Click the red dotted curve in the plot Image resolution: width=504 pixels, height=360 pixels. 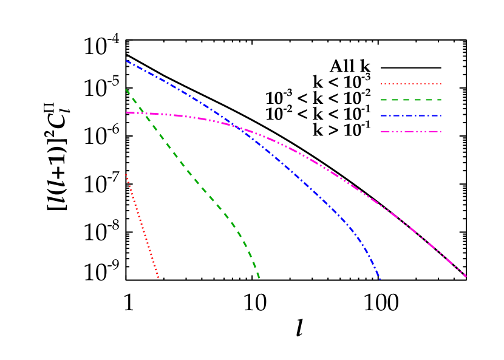click(x=141, y=226)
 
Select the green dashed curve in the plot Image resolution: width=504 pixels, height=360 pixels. click(x=194, y=180)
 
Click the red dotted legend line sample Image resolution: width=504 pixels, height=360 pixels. click(x=411, y=84)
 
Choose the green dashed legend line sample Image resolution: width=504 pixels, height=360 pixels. click(x=411, y=100)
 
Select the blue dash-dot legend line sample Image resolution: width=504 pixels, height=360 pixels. click(x=411, y=115)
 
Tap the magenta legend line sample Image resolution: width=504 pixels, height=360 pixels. click(x=411, y=131)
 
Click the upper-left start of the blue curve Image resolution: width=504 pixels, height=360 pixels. click(x=126, y=61)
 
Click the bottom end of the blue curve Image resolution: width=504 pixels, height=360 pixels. click(x=380, y=279)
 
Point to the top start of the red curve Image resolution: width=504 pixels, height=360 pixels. click(x=126, y=175)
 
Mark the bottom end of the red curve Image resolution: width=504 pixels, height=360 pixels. click(x=158, y=278)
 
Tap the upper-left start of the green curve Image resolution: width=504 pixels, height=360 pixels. click(x=126, y=90)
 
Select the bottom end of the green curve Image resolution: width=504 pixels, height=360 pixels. click(x=259, y=279)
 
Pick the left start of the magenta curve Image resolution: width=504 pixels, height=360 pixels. click(x=126, y=112)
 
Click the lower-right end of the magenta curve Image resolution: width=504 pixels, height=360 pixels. click(x=466, y=277)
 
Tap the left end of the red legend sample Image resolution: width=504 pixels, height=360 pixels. click(x=381, y=84)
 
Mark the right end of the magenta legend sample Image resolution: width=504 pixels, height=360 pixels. click(x=441, y=131)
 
